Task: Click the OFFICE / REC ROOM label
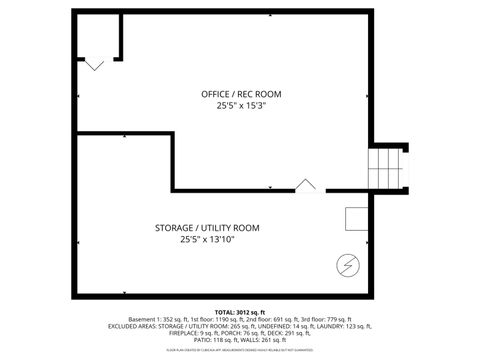[x=240, y=93]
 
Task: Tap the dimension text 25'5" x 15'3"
[x=240, y=105]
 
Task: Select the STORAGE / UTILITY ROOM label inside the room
[x=206, y=228]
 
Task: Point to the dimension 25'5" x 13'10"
[x=206, y=240]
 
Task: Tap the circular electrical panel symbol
[x=348, y=265]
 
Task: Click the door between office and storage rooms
[x=307, y=185]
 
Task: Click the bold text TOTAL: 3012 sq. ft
[x=240, y=312]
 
